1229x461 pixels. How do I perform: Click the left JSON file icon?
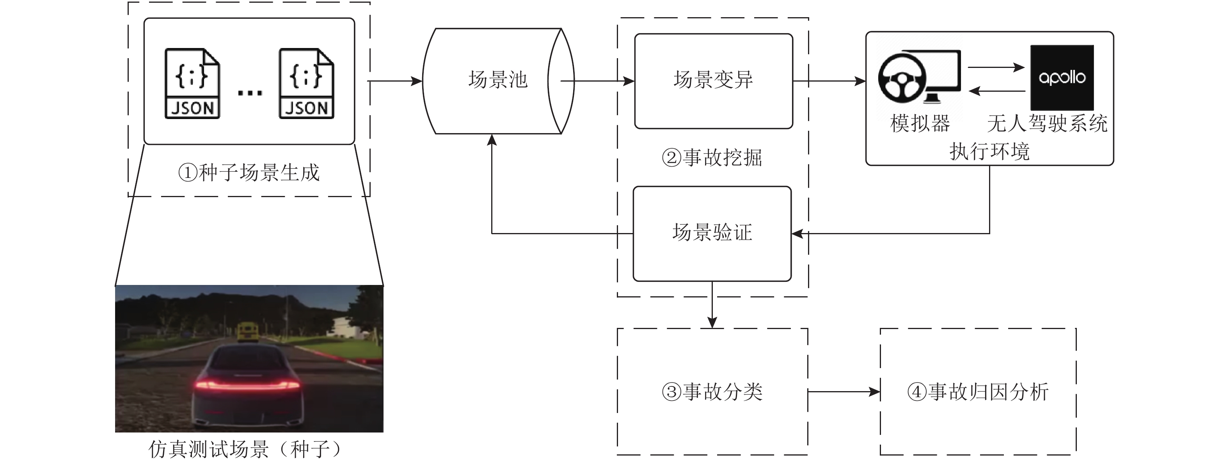click(x=192, y=84)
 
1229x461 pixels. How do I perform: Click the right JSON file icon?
click(x=306, y=84)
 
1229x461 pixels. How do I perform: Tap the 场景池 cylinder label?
click(x=497, y=80)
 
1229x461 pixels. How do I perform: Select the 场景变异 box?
click(x=713, y=81)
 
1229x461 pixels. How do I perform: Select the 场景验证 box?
click(x=712, y=233)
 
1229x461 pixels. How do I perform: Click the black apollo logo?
click(x=1062, y=78)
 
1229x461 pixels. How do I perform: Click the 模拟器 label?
click(x=920, y=124)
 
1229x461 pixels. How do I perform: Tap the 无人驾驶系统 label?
click(x=1047, y=124)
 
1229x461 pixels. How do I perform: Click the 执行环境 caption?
click(x=989, y=151)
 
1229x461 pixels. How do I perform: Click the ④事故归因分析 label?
click(x=978, y=392)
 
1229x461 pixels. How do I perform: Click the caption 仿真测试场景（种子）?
click(x=245, y=449)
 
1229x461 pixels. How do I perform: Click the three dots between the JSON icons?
click(x=250, y=93)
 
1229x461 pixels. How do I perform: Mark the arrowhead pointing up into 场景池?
click(x=492, y=140)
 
